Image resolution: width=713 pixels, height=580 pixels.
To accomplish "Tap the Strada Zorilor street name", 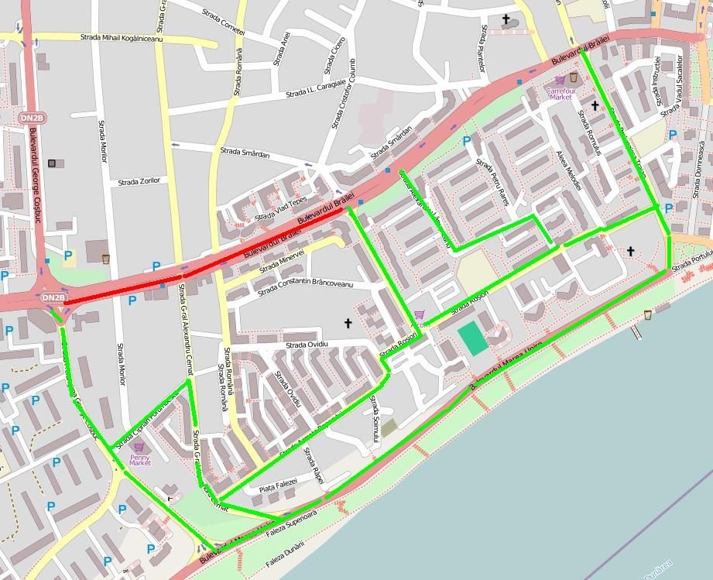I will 139,181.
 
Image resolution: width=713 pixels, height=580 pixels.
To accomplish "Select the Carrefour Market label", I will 559,93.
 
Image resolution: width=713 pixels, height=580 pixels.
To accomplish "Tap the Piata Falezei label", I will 278,486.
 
